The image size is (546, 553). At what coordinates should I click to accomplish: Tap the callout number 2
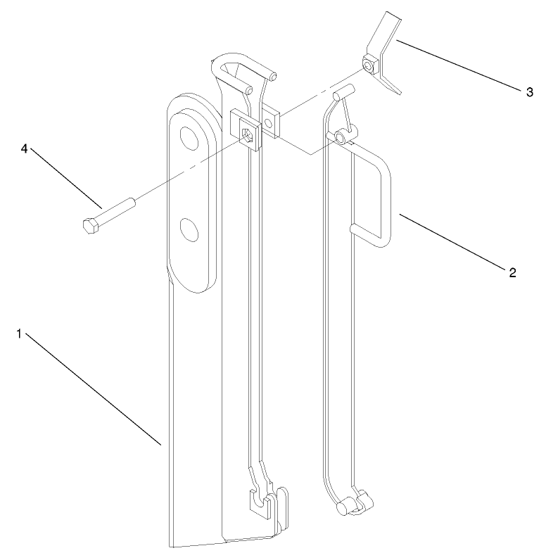[x=513, y=271]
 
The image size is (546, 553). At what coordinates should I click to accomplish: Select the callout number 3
[x=529, y=92]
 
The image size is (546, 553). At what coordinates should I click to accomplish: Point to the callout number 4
[x=25, y=149]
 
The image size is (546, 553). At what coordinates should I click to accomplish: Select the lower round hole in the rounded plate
[x=188, y=227]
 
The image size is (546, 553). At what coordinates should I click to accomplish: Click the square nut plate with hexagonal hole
[x=246, y=131]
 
